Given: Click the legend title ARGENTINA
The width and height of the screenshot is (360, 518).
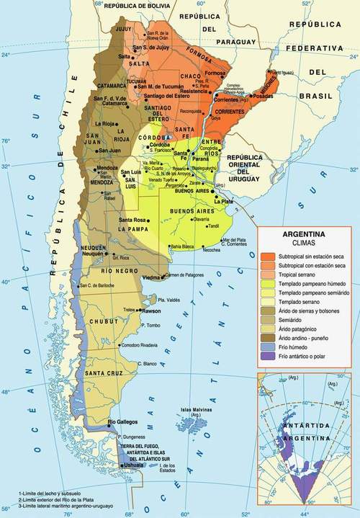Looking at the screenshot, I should tap(303, 235).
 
